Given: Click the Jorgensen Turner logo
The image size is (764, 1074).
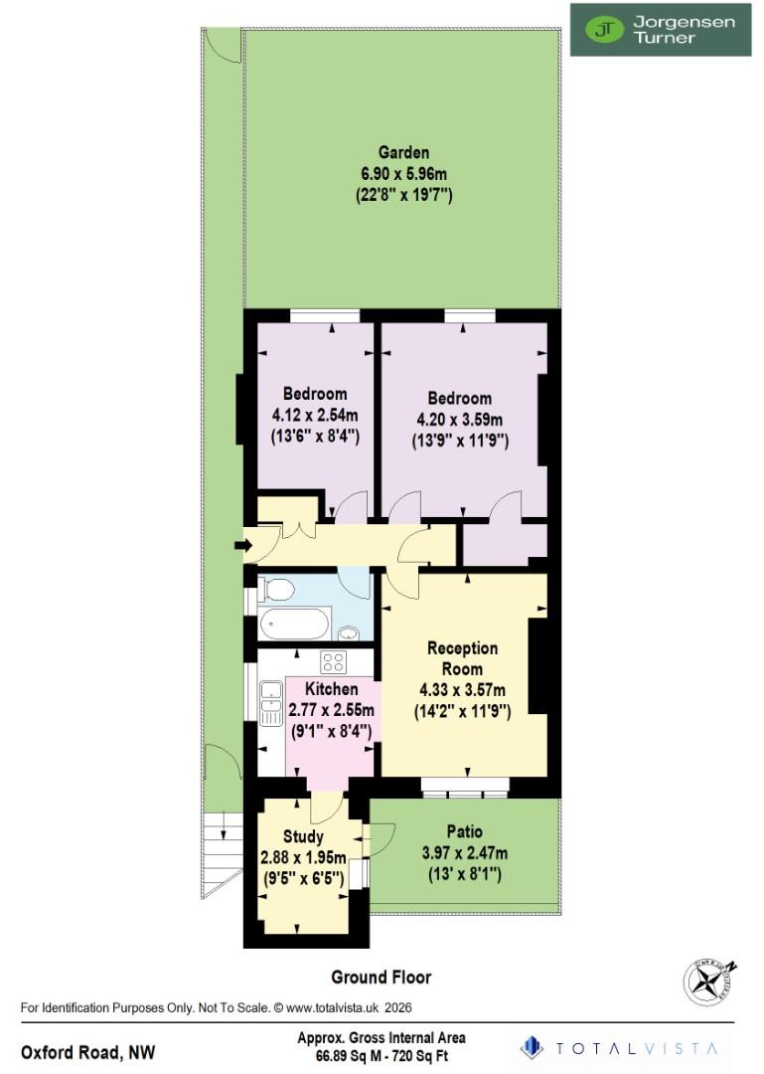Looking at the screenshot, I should (x=660, y=29).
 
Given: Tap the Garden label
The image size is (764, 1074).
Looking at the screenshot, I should (x=403, y=152).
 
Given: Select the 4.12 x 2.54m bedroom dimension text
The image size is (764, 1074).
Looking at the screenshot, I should (x=315, y=415).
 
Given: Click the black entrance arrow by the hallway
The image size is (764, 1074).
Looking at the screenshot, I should (x=241, y=545).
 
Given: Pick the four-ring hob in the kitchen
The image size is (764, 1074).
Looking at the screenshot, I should (x=332, y=662).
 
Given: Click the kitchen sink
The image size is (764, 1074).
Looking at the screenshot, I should (x=269, y=701).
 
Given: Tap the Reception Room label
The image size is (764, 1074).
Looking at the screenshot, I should (x=462, y=657).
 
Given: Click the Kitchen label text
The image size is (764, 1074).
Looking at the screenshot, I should (x=331, y=689).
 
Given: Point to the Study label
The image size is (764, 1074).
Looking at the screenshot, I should (x=303, y=837).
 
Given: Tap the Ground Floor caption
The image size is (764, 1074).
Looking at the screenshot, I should (x=382, y=978).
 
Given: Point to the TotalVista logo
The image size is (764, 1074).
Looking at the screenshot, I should (x=623, y=1047).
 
